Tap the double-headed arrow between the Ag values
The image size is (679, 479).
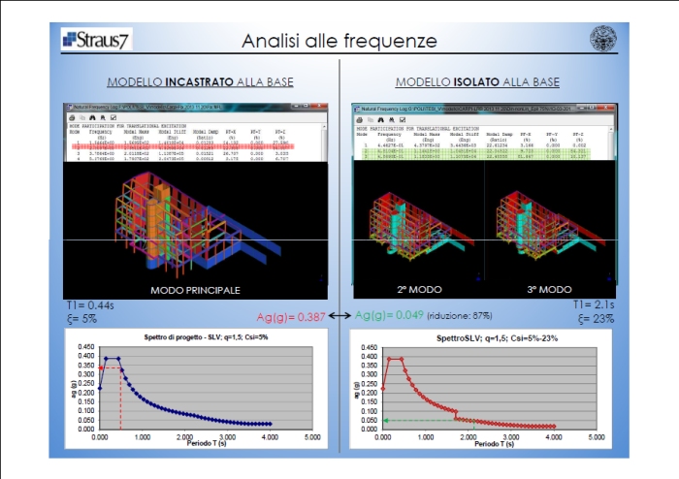click(x=340, y=316)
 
